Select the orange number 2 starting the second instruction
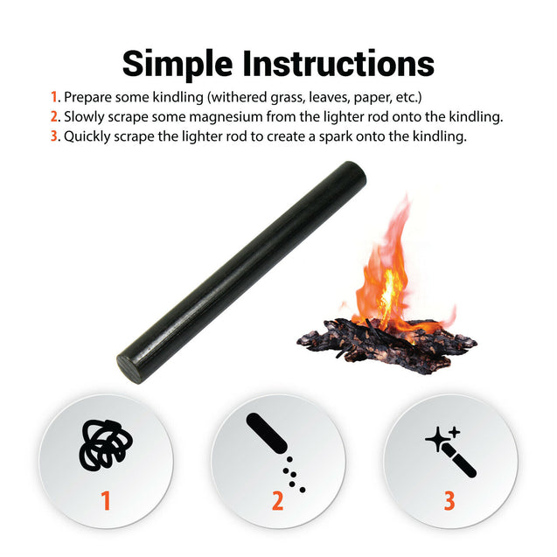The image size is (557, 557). pyautogui.click(x=54, y=117)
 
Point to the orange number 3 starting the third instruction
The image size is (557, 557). pyautogui.click(x=54, y=136)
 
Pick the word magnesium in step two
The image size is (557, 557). pyautogui.click(x=226, y=117)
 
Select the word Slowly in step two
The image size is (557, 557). pyautogui.click(x=86, y=117)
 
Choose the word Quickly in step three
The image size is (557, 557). pyautogui.click(x=89, y=136)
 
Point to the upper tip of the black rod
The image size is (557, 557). pyautogui.click(x=354, y=173)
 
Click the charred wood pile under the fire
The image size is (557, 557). pyautogui.click(x=385, y=341)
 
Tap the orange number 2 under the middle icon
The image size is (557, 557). pyautogui.click(x=277, y=501)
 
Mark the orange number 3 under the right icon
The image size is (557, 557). pyautogui.click(x=449, y=501)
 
